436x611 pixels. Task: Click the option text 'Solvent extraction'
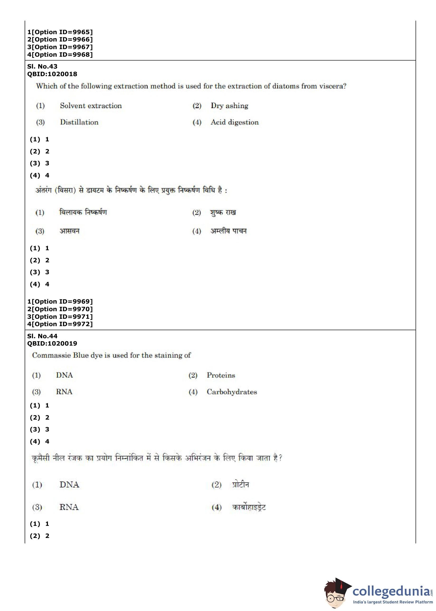click(x=91, y=106)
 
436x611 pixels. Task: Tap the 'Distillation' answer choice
click(x=79, y=122)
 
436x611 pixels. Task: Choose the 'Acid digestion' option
click(x=234, y=122)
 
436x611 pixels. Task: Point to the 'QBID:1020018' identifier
click(x=52, y=74)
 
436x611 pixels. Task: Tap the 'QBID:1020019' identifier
click(x=52, y=343)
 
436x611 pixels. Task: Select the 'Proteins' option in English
click(x=221, y=375)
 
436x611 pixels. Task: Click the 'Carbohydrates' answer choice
click(x=232, y=392)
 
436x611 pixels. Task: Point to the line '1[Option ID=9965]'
click(x=60, y=32)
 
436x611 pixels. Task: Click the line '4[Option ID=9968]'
click(x=60, y=55)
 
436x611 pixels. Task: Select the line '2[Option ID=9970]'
click(x=60, y=309)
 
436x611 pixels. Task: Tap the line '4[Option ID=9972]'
click(x=60, y=324)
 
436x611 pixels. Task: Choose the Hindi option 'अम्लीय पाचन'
click(x=228, y=231)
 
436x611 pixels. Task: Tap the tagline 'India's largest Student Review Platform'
click(x=393, y=602)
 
